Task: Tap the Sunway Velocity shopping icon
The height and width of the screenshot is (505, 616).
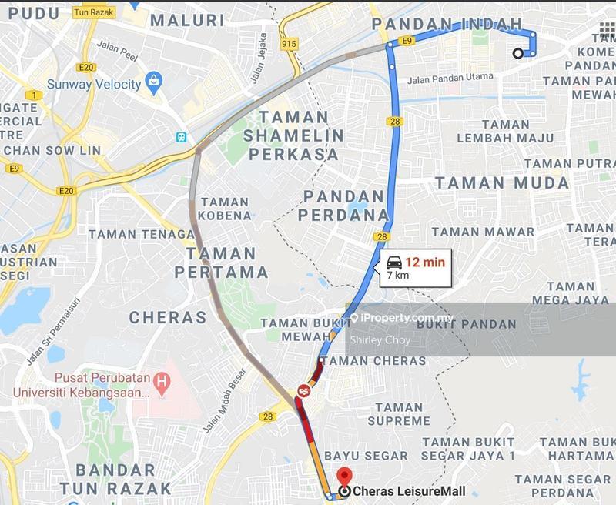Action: click(155, 82)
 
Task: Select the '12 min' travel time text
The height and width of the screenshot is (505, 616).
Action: click(425, 262)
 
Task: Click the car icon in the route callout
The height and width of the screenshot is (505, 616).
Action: click(393, 262)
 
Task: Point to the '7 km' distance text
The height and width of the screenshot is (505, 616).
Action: click(397, 276)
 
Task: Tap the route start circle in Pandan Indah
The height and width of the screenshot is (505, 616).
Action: click(518, 53)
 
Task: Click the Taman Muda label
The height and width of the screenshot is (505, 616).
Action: click(502, 183)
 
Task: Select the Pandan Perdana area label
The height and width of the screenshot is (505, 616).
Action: click(343, 205)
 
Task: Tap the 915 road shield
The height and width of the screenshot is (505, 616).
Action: click(289, 44)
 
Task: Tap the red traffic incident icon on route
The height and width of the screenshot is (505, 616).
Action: click(303, 392)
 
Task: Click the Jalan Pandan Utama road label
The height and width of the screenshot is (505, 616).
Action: click(450, 78)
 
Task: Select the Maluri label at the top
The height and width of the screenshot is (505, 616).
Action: click(187, 19)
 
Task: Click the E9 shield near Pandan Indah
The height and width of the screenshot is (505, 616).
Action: click(407, 40)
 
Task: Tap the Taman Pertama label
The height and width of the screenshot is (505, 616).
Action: click(222, 262)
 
